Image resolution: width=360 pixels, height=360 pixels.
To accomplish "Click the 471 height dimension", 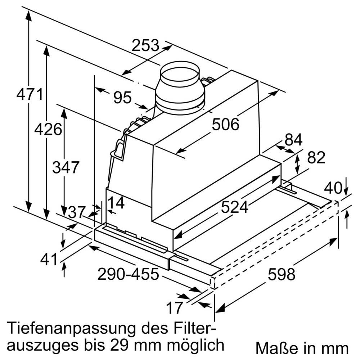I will point(30,95).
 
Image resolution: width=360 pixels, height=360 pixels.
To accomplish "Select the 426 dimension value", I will point(48,129).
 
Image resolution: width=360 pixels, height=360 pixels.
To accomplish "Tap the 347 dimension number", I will point(65,167).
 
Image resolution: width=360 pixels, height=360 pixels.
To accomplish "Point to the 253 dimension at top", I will point(145,45).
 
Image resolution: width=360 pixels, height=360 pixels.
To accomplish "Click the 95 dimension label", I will point(122,98).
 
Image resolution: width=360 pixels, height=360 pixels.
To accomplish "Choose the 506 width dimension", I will point(225,125).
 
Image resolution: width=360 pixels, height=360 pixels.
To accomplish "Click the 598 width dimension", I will point(281,275).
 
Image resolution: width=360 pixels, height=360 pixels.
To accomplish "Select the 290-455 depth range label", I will point(128,275).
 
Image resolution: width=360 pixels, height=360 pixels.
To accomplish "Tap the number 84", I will point(293,140).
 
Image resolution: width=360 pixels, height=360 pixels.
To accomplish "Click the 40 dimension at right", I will point(333,188).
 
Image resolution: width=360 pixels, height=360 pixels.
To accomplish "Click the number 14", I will point(116,203).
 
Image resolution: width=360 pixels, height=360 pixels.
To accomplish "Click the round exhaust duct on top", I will point(179,88).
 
